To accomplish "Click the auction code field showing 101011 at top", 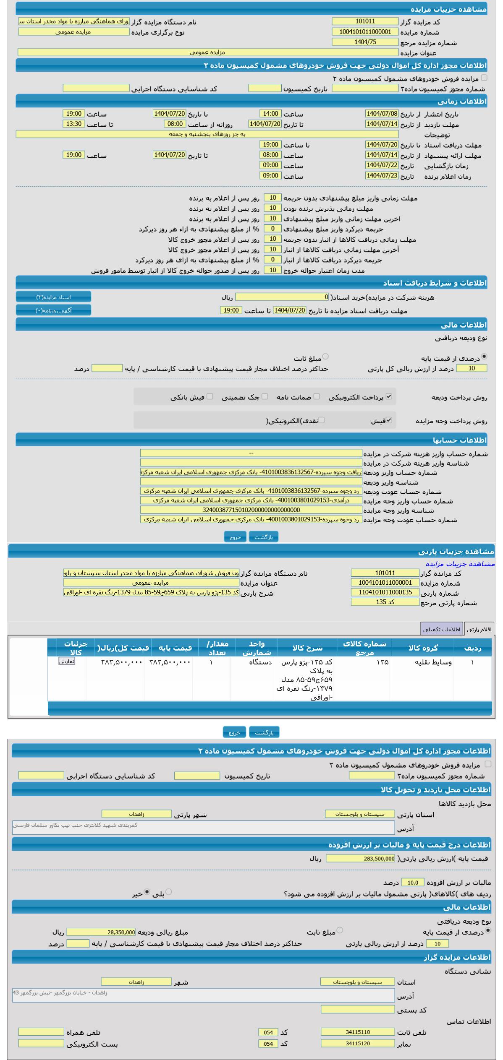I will [365, 21].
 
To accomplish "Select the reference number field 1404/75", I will [365, 42].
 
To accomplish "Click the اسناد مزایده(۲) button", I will [53, 297].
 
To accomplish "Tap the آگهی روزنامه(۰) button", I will [53, 310].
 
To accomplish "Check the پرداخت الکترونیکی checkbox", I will [389, 396].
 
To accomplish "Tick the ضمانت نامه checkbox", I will [317, 396].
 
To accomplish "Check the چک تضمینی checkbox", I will [265, 396].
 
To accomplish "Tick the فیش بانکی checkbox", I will [210, 396].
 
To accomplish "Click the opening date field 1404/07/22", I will [382, 166].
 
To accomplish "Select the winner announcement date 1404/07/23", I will [382, 176].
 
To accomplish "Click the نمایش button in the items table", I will [67, 661].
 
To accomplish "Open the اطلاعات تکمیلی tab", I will [441, 629].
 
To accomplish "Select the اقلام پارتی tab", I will [479, 629].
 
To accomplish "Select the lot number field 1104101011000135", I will [385, 592].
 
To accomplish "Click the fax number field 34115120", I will [358, 1043].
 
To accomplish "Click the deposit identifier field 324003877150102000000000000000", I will [251, 510].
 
